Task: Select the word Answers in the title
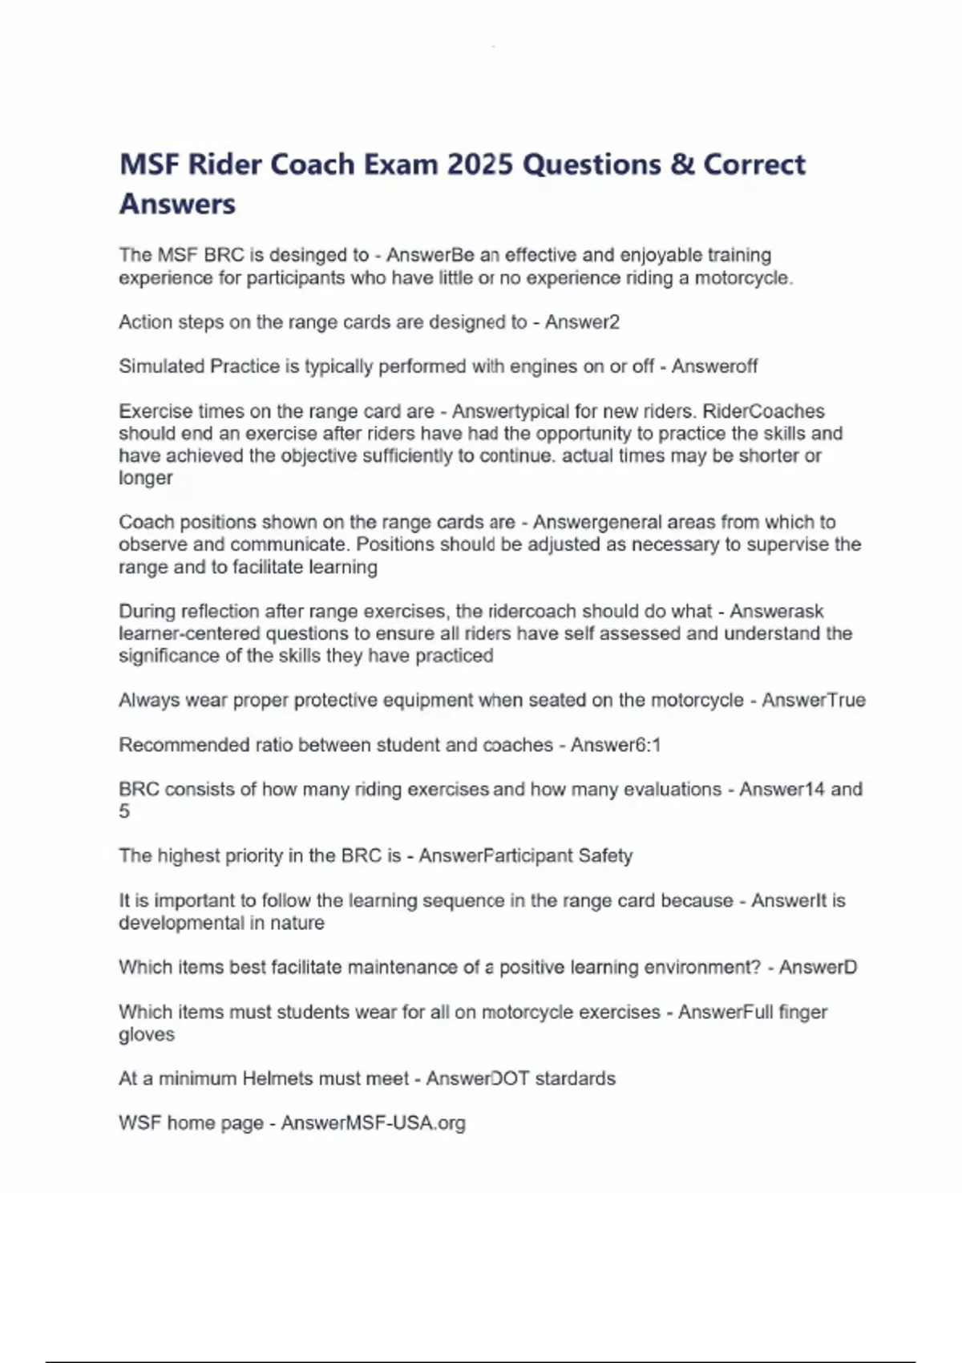177,204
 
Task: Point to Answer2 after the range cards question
582,322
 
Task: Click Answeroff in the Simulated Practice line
714,366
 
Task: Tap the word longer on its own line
145,478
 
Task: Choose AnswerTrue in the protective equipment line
813,700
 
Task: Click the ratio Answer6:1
616,745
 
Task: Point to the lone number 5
124,811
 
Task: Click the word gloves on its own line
146,1034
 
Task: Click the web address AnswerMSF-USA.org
373,1122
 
